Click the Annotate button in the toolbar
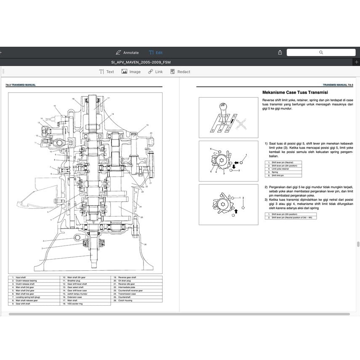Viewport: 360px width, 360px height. [127, 53]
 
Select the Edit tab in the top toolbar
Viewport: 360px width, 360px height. [156, 53]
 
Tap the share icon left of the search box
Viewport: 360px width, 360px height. [280, 53]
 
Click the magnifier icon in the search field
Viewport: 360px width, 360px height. [321, 53]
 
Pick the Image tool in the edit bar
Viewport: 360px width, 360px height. [131, 72]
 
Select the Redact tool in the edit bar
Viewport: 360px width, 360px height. [180, 72]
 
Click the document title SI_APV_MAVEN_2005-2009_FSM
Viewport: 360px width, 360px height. [141, 62]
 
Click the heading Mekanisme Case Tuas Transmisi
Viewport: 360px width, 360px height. [295, 92]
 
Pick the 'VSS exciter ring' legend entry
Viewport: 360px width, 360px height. [76, 304]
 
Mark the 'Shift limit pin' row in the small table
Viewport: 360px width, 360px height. [278, 175]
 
